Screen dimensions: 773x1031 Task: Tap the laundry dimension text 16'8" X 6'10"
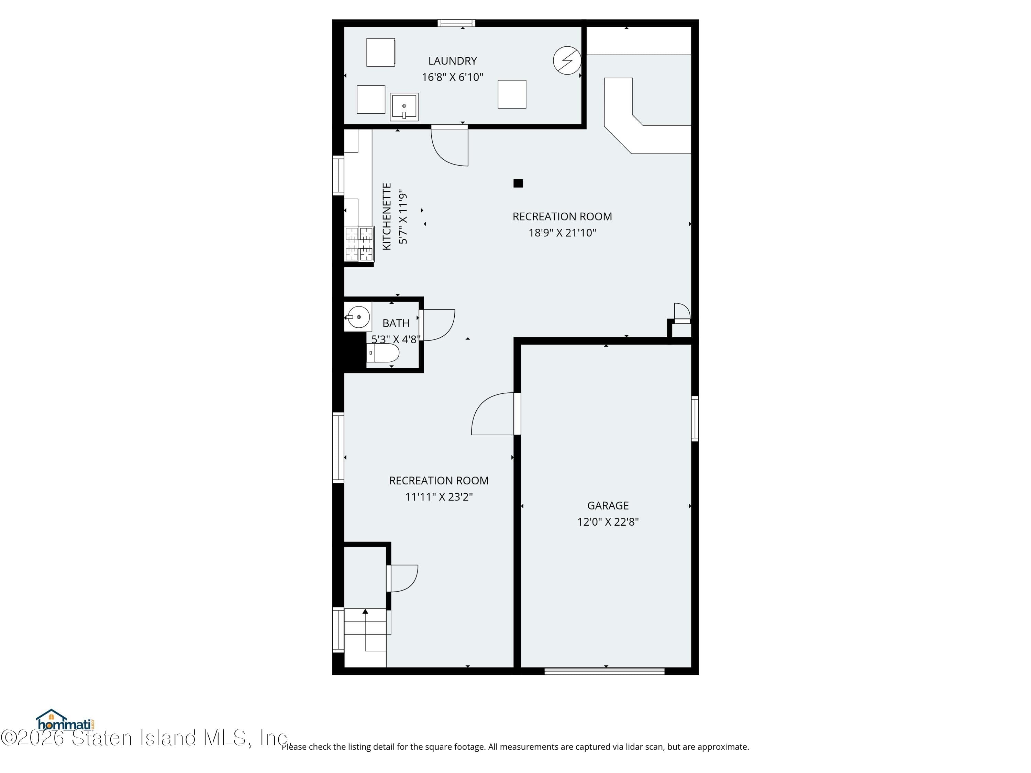click(452, 77)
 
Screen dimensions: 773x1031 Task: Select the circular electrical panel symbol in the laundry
click(567, 60)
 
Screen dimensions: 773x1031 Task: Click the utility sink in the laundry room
click(404, 107)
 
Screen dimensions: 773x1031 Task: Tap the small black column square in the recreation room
click(518, 183)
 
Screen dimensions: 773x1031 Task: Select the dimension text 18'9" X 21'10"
click(562, 233)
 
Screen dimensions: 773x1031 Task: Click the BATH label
click(396, 323)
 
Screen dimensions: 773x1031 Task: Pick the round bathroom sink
click(358, 317)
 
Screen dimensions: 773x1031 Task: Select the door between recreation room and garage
click(494, 414)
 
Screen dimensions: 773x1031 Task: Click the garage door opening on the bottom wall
click(605, 671)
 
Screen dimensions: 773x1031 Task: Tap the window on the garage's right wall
click(695, 418)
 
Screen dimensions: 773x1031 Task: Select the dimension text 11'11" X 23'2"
click(439, 497)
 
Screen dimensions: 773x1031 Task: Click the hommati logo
click(65, 721)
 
